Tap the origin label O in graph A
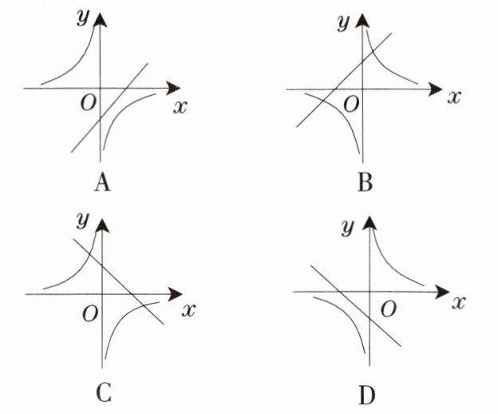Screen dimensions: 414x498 pos(89,102)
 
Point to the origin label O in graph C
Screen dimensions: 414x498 pos(90,312)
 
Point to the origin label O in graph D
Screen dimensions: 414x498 pos(388,309)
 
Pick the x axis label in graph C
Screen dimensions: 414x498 pos(188,309)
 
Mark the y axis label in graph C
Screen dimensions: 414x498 pos(81,220)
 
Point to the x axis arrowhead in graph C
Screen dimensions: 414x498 pos(175,294)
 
